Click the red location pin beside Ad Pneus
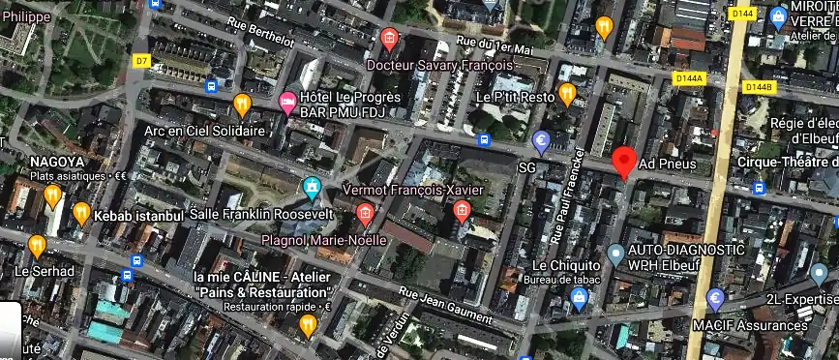click(624, 161)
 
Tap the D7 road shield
click(141, 61)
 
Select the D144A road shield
click(690, 78)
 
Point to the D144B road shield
click(760, 87)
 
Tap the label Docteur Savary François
click(439, 65)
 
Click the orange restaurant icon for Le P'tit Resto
click(567, 93)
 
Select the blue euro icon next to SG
click(543, 144)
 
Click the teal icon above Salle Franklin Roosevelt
click(311, 186)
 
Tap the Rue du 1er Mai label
click(494, 45)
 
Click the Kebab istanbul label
click(138, 215)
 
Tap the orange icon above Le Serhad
click(37, 246)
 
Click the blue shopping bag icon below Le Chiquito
click(580, 297)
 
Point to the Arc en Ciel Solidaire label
click(204, 131)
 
